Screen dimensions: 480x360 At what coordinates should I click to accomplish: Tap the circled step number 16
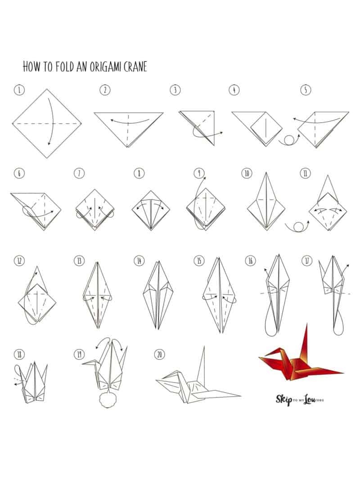(250, 260)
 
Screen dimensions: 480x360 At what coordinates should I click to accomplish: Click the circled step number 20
(158, 354)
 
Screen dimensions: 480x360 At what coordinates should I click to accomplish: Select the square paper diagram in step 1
(47, 123)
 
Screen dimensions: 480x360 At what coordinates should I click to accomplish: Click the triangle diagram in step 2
(129, 126)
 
